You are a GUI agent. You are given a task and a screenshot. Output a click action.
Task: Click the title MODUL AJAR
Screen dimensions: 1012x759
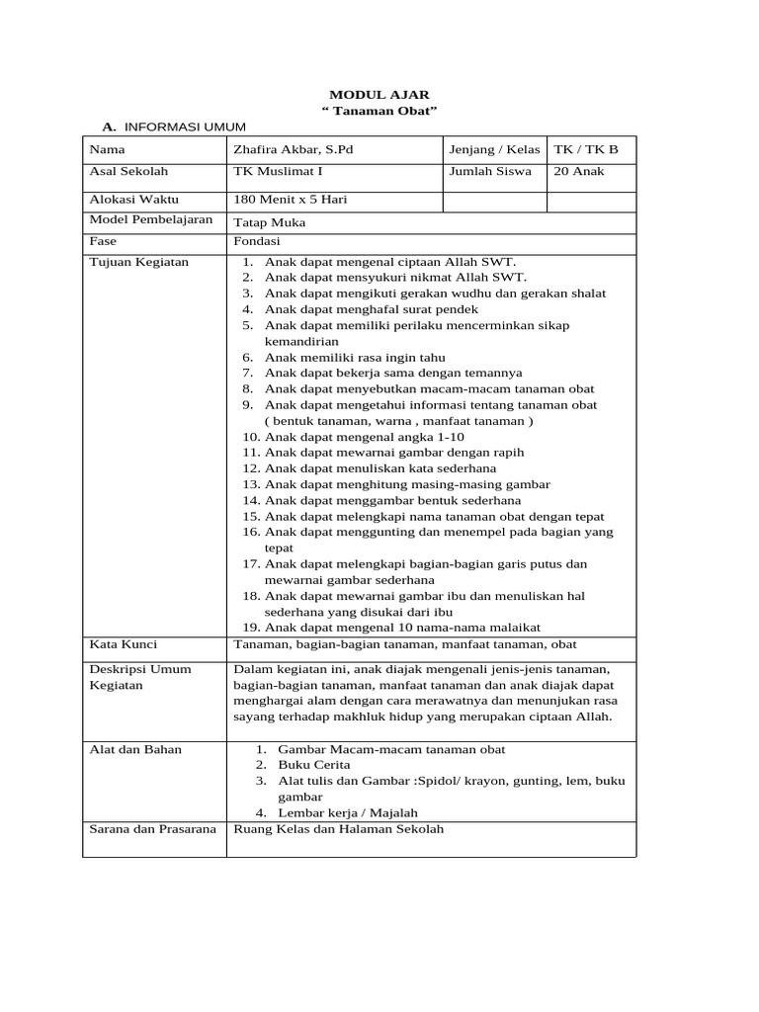379,94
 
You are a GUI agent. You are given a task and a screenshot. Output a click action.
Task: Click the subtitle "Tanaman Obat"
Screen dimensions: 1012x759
379,111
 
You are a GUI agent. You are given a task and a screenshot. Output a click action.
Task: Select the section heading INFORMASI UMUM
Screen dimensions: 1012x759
183,127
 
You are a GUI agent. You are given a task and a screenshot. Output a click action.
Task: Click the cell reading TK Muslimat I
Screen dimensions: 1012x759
272,172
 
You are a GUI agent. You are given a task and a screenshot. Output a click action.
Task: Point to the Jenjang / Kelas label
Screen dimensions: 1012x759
494,150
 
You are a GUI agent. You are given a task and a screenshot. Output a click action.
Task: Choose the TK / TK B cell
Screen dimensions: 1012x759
586,150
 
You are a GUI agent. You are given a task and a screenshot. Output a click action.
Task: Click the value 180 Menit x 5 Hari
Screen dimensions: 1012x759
290,199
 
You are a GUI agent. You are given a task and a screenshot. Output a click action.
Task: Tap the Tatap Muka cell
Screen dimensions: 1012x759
269,222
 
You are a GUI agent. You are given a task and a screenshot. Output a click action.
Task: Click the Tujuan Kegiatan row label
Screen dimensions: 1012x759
138,263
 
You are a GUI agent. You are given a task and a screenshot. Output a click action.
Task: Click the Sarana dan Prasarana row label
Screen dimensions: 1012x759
152,830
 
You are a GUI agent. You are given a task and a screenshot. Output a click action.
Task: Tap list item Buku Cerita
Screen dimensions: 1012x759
314,765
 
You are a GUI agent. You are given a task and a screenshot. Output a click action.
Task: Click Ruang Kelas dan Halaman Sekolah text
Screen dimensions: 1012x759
338,830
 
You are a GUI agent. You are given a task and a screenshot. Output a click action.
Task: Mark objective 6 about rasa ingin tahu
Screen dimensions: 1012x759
354,358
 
